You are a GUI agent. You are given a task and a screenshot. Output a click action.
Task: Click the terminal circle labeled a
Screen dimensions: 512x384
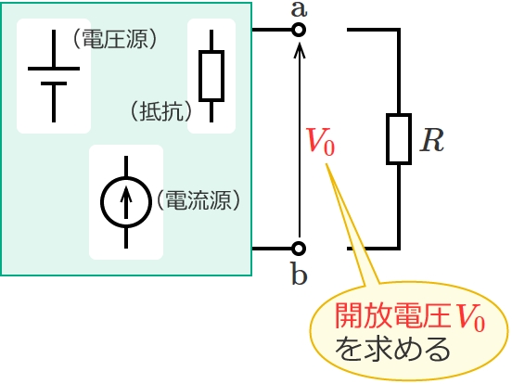tap(298, 30)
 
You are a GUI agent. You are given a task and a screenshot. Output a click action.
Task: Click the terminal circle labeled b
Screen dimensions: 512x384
tap(298, 249)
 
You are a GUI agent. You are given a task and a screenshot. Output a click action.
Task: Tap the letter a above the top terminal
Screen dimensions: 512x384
tap(299, 9)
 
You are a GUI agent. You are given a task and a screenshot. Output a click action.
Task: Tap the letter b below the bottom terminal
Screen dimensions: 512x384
tap(299, 274)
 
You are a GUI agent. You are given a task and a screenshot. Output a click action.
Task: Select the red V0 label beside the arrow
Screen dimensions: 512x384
tap(321, 141)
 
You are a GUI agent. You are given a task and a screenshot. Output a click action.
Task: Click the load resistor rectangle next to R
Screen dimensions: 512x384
tap(399, 139)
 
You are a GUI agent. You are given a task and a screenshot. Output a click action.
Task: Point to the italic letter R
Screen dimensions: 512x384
tap(431, 140)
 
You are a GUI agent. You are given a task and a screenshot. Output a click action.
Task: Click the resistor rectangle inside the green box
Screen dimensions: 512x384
tap(211, 76)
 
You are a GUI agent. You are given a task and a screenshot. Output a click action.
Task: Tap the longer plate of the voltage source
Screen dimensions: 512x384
tap(54, 69)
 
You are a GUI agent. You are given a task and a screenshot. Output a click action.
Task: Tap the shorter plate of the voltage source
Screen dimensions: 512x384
tap(54, 83)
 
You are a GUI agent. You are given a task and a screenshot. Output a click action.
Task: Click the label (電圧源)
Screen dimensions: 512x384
tap(115, 39)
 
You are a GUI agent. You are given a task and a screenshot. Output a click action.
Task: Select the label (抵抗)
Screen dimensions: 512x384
tap(161, 111)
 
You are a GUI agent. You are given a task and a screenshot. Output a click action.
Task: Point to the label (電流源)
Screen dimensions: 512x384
tap(198, 199)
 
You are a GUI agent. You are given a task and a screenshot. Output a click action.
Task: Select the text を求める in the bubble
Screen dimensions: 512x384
tap(392, 349)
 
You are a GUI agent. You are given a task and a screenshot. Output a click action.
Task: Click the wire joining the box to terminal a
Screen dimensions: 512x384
tap(272, 30)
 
